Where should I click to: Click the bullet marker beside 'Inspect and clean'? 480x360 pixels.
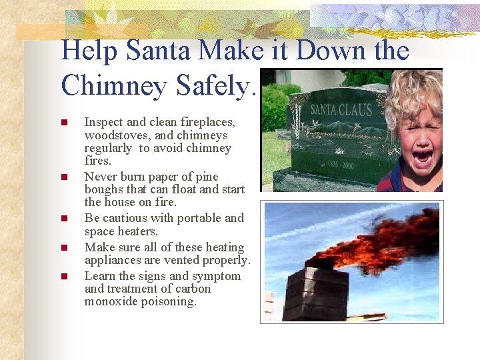click(x=64, y=123)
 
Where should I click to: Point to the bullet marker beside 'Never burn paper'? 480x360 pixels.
click(x=64, y=177)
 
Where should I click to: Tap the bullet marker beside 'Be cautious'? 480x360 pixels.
click(x=64, y=218)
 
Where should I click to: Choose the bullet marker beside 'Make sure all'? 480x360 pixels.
click(x=64, y=247)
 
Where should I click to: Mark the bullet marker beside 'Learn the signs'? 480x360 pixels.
click(x=64, y=276)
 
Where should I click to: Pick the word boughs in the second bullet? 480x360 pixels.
click(x=104, y=189)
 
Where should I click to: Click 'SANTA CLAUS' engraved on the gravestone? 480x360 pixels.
click(x=341, y=109)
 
